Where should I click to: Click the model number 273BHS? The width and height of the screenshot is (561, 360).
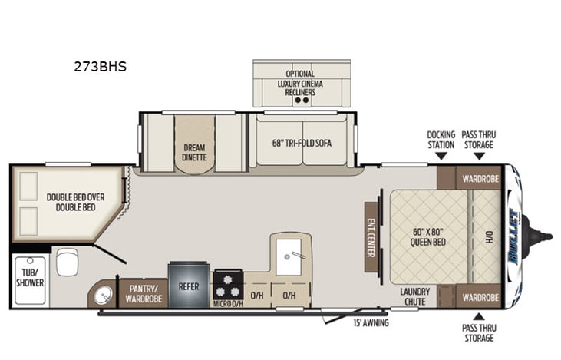click(x=101, y=67)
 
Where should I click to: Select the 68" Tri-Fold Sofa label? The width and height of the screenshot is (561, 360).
click(x=302, y=143)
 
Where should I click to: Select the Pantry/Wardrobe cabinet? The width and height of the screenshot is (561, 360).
click(x=144, y=294)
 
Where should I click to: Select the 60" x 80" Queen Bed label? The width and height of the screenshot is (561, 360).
click(x=429, y=236)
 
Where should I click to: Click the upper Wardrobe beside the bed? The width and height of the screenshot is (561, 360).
click(x=480, y=178)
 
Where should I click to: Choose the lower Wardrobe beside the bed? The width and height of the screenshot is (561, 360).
click(x=480, y=296)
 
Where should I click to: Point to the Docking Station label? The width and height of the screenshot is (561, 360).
click(x=441, y=139)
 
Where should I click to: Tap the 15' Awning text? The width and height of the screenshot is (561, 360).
click(x=371, y=323)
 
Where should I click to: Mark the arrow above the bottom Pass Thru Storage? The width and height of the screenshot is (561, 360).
click(x=479, y=315)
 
